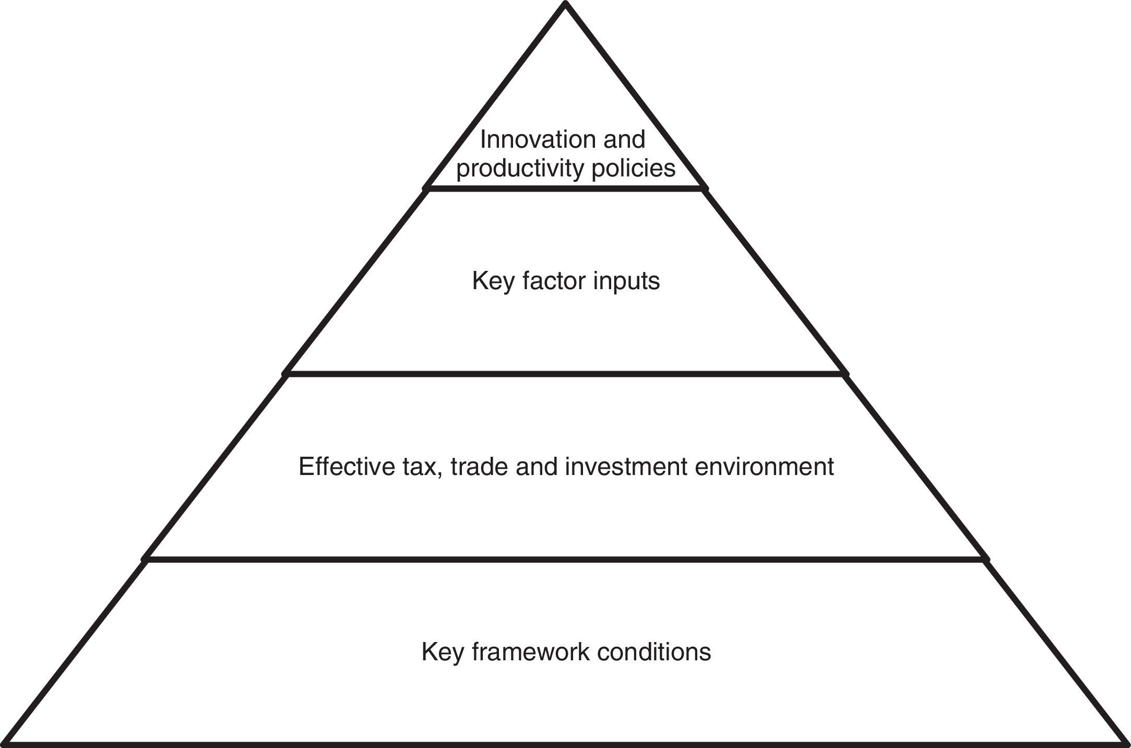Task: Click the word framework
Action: tap(530, 652)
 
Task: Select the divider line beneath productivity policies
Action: tap(565, 188)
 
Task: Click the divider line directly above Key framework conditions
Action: tap(565, 560)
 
